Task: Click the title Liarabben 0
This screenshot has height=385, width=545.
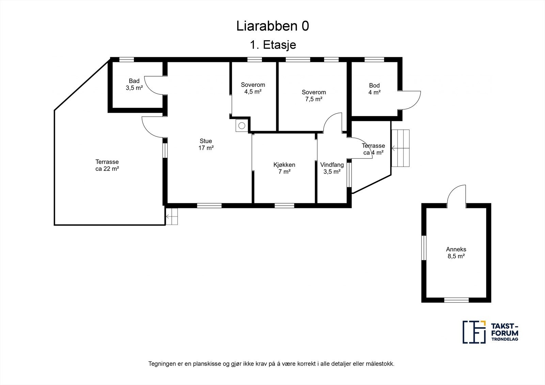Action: click(272, 26)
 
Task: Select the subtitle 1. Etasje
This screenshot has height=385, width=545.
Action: click(272, 45)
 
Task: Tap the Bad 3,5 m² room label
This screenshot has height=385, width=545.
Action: click(134, 84)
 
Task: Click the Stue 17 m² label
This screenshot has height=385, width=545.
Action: click(206, 144)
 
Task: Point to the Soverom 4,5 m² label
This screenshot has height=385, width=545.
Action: click(253, 88)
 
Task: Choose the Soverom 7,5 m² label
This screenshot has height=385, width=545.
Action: click(313, 96)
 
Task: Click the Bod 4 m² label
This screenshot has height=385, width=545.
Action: click(374, 89)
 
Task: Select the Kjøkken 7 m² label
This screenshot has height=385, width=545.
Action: click(284, 168)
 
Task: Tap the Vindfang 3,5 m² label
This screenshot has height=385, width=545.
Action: click(332, 168)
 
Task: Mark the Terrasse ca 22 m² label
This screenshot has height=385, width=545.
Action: click(107, 165)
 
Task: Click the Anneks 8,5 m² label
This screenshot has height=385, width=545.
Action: click(456, 253)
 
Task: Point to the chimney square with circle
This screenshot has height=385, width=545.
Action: click(242, 126)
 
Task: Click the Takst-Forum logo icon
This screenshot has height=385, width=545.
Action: click(474, 332)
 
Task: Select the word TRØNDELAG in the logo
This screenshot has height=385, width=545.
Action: click(504, 339)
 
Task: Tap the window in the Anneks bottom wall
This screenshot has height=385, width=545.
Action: click(456, 300)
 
